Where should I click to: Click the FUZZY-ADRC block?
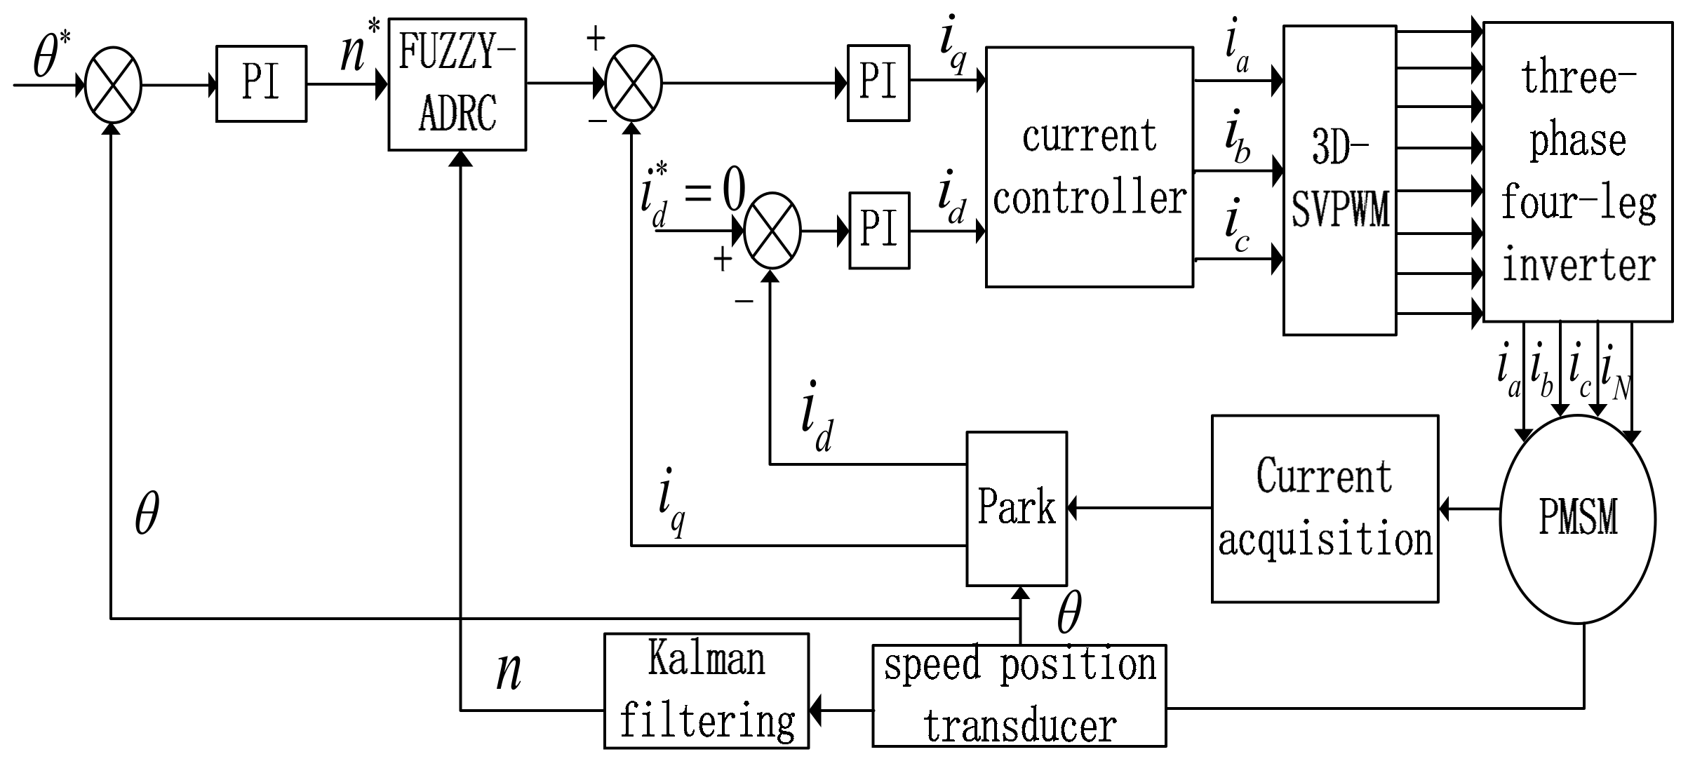pos(457,84)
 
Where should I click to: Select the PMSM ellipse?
pos(1577,518)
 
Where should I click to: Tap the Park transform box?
pos(1017,509)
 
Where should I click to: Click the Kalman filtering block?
pos(706,691)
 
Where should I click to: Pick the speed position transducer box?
pos(1019,696)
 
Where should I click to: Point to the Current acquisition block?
pos(1325,509)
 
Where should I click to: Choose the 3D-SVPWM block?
pos(1339,180)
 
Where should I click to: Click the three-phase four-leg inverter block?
pos(1578,172)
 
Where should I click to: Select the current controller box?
pos(1089,167)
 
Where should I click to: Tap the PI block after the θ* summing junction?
pos(261,84)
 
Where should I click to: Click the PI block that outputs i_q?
pos(878,83)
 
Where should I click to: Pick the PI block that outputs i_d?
pos(879,230)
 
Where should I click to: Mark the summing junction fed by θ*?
pos(113,85)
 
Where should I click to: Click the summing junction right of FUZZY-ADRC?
pos(634,83)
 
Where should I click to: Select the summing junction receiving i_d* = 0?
pos(772,230)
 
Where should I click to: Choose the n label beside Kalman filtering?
pos(509,672)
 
